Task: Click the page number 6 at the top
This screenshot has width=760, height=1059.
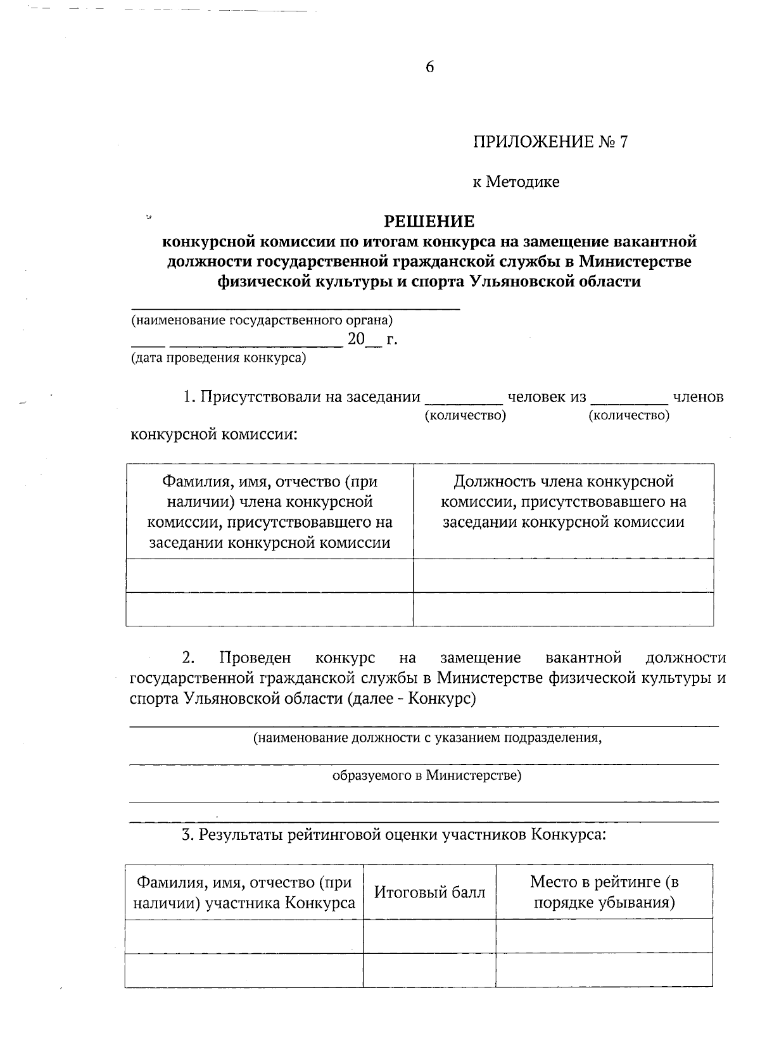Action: (x=429, y=67)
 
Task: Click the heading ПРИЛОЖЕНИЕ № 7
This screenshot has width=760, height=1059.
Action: (x=550, y=141)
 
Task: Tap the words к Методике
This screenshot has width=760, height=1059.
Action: (x=516, y=182)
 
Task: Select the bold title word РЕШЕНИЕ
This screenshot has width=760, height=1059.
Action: (x=429, y=221)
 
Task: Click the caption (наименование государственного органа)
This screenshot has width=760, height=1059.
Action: (x=262, y=320)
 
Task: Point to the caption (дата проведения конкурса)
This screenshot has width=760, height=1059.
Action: (x=218, y=358)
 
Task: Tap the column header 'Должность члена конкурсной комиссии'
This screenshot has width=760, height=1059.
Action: (x=563, y=502)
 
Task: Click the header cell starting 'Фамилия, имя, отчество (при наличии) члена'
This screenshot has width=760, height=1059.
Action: (x=270, y=512)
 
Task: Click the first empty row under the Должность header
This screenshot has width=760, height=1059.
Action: (x=563, y=575)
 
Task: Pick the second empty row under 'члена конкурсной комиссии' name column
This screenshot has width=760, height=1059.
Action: (x=270, y=609)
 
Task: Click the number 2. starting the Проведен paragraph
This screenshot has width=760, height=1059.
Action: (x=187, y=657)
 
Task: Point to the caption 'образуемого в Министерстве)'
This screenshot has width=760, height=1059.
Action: (x=427, y=775)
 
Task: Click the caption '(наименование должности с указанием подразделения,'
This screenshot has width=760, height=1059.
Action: (x=427, y=738)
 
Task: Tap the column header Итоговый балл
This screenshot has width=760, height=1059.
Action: (x=429, y=892)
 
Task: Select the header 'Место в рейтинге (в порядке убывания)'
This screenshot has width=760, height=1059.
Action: (x=604, y=891)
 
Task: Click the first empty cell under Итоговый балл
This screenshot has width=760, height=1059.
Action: (x=429, y=935)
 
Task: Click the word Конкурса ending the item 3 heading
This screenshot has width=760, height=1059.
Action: (x=568, y=834)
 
